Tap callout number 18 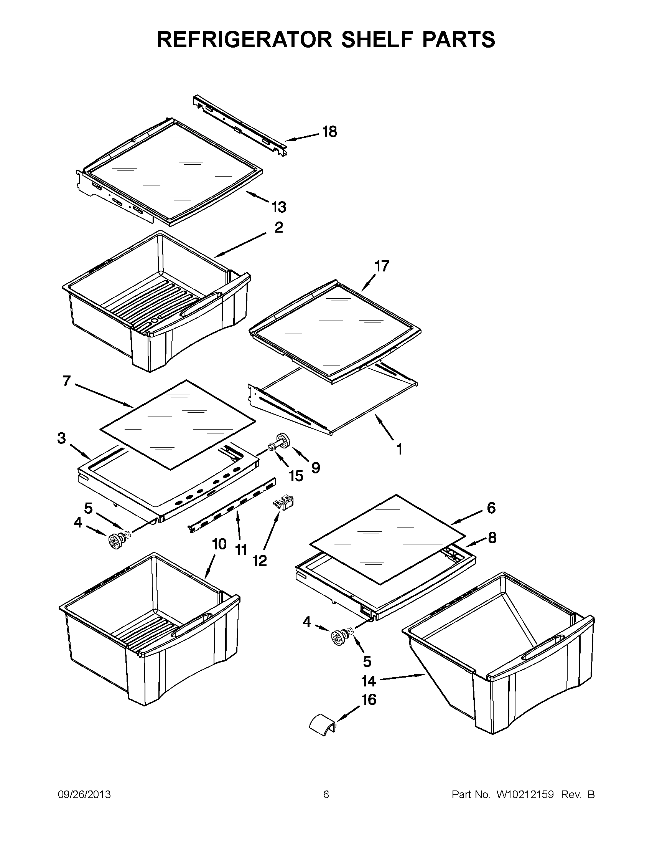pos(330,132)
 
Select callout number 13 pos(279,207)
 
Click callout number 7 pos(66,382)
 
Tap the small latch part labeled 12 pos(283,503)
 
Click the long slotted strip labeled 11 pos(232,504)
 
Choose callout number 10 pos(219,544)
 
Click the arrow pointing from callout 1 pos(387,428)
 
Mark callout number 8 pos(492,538)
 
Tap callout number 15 pos(296,476)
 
